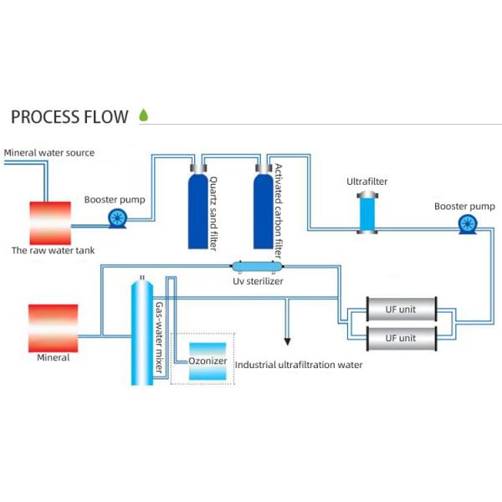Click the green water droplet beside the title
(x=143, y=115)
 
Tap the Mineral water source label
(x=49, y=153)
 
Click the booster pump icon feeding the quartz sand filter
(x=117, y=218)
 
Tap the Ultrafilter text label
(x=367, y=182)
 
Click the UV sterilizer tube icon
(x=257, y=267)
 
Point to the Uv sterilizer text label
(x=258, y=281)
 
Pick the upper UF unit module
(x=400, y=310)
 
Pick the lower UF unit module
(x=400, y=338)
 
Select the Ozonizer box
(x=207, y=361)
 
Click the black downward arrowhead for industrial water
(x=288, y=341)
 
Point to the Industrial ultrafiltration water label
(x=299, y=365)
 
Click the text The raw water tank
(x=53, y=250)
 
